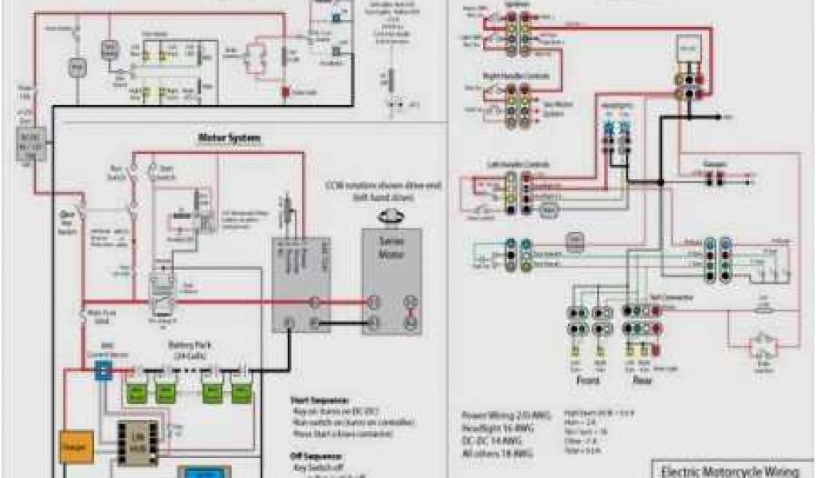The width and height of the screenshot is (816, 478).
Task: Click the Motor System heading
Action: click(x=229, y=139)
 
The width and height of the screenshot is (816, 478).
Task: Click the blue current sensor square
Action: click(x=101, y=370)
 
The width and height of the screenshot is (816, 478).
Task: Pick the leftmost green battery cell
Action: click(x=137, y=393)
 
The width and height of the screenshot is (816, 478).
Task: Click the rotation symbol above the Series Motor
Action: click(x=390, y=214)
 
